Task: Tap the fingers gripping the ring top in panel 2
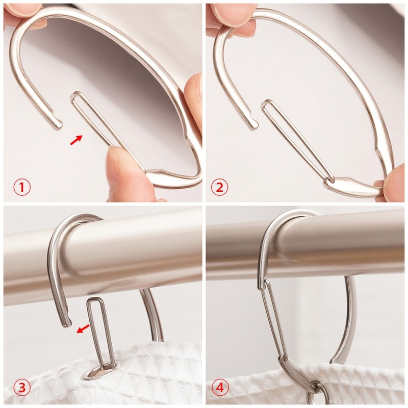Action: coord(232,18)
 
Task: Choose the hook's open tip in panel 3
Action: coord(66,322)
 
